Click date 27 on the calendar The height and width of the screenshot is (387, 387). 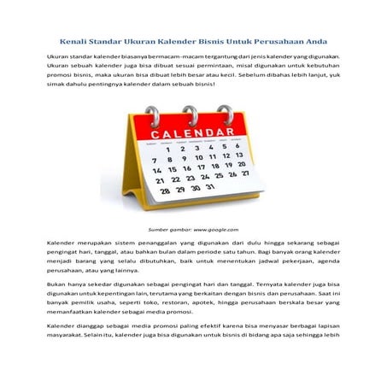coord(245,172)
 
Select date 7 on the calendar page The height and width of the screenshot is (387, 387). coord(155,160)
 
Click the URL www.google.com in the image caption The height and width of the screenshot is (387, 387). coord(213,230)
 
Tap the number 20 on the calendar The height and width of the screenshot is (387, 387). coord(242,163)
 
